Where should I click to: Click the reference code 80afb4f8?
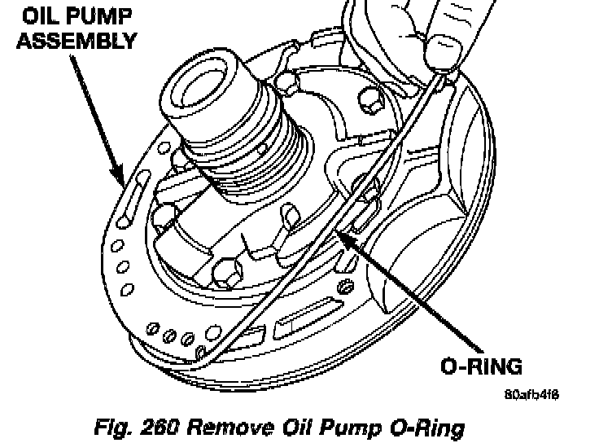[531, 394]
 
